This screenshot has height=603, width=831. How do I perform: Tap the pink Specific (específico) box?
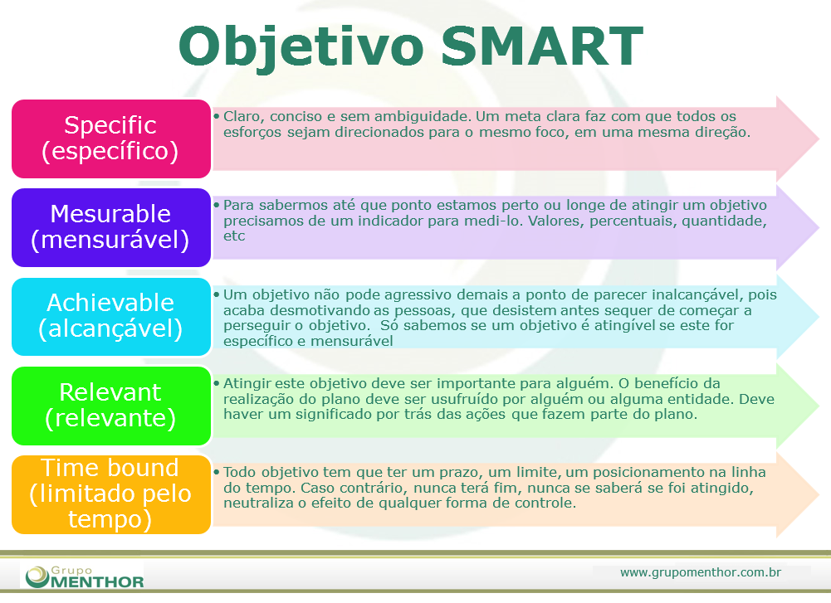[110, 139]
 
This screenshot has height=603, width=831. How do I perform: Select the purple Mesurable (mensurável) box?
[110, 227]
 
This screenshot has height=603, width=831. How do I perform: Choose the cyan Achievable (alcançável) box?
[110, 316]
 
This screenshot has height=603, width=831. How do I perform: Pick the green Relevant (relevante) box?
[110, 405]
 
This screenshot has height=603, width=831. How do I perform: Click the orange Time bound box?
[110, 494]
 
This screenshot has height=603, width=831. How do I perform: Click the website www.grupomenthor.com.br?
[701, 572]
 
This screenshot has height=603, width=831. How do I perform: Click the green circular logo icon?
[37, 576]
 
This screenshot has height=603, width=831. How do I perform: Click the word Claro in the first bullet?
[242, 117]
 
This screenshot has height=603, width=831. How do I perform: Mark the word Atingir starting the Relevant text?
[247, 384]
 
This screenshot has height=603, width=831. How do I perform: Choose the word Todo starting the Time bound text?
[239, 473]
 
